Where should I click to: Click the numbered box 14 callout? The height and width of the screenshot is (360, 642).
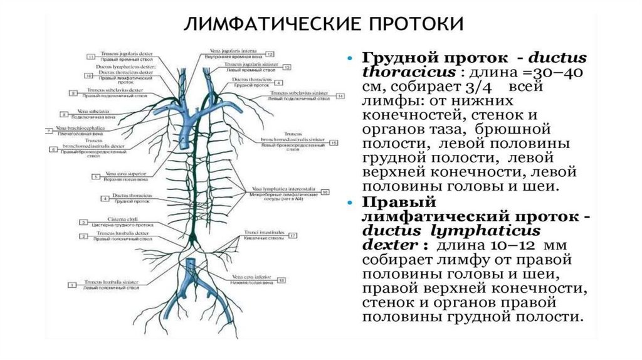[x=340, y=97]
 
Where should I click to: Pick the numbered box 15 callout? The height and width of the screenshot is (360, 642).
[x=334, y=143]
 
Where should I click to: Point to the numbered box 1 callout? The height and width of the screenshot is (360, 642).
[x=72, y=285]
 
